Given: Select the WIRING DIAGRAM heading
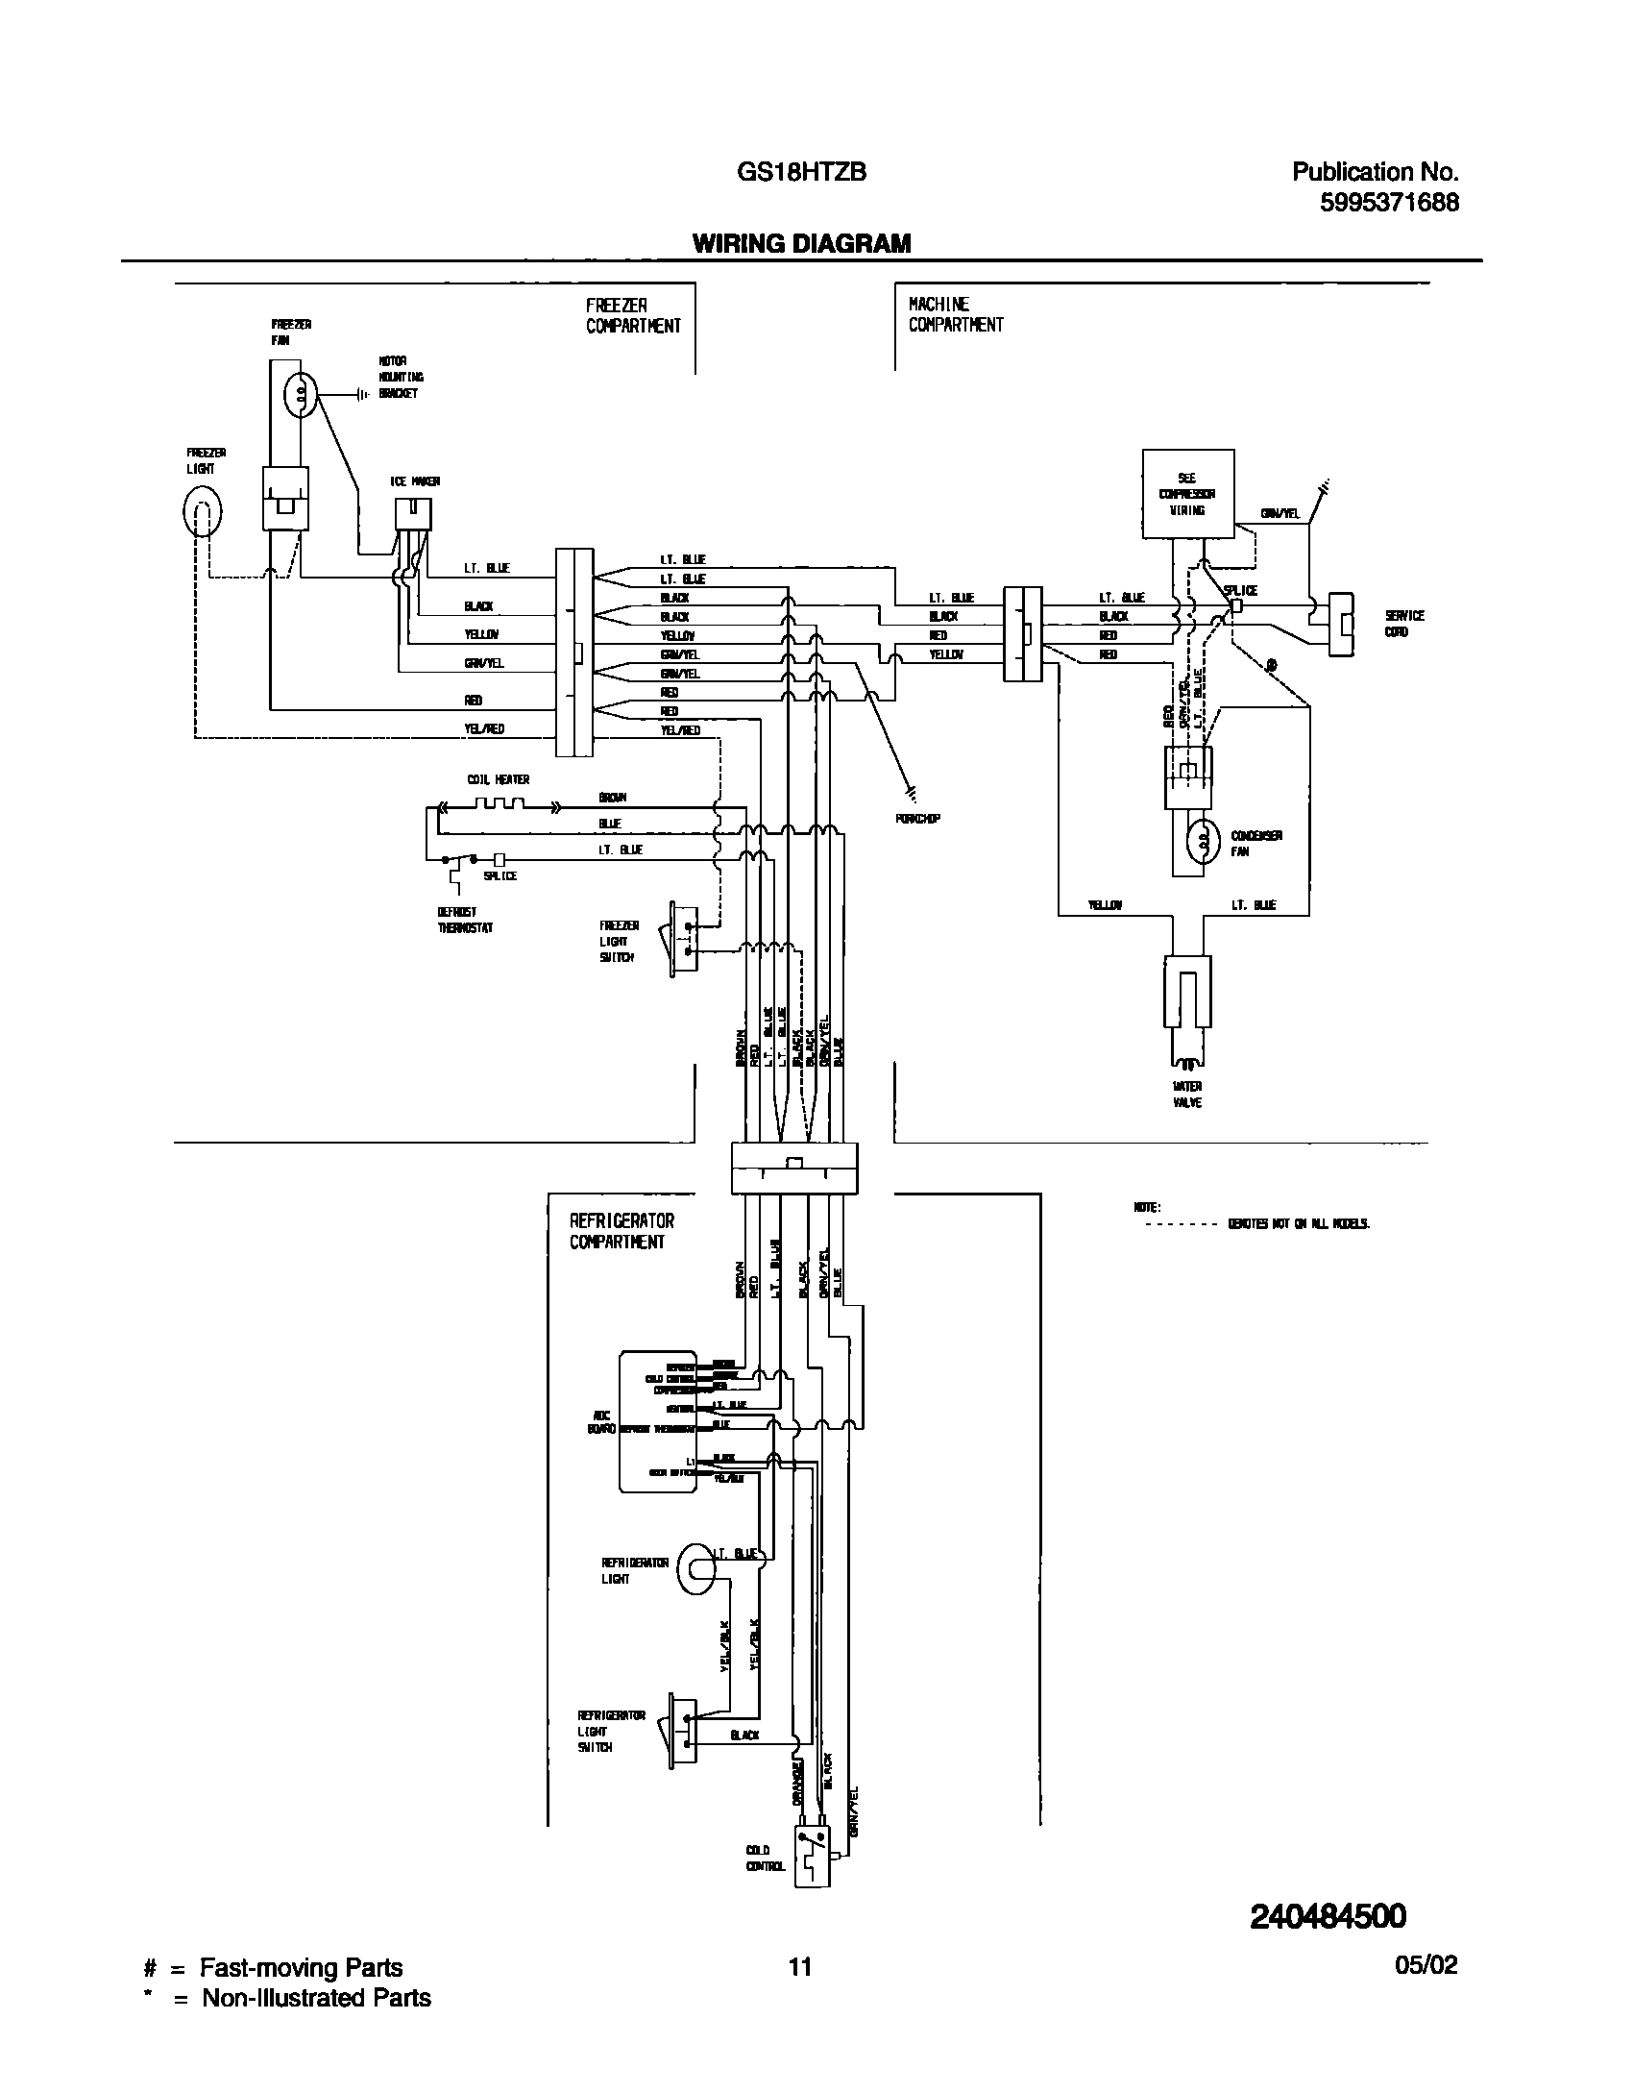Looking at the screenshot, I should [x=801, y=244].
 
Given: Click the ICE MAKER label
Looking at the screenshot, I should [x=415, y=481].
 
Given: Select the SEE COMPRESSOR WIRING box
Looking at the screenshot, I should [x=1187, y=493].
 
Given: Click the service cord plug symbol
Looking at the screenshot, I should [x=1341, y=625].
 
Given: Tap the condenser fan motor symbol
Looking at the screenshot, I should [x=1202, y=843].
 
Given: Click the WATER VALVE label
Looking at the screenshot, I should [x=1187, y=1095].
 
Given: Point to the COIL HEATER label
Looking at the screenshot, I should [x=498, y=779].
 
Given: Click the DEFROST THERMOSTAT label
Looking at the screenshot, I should [x=465, y=920].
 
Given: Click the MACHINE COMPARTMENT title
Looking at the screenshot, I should [x=955, y=315].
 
